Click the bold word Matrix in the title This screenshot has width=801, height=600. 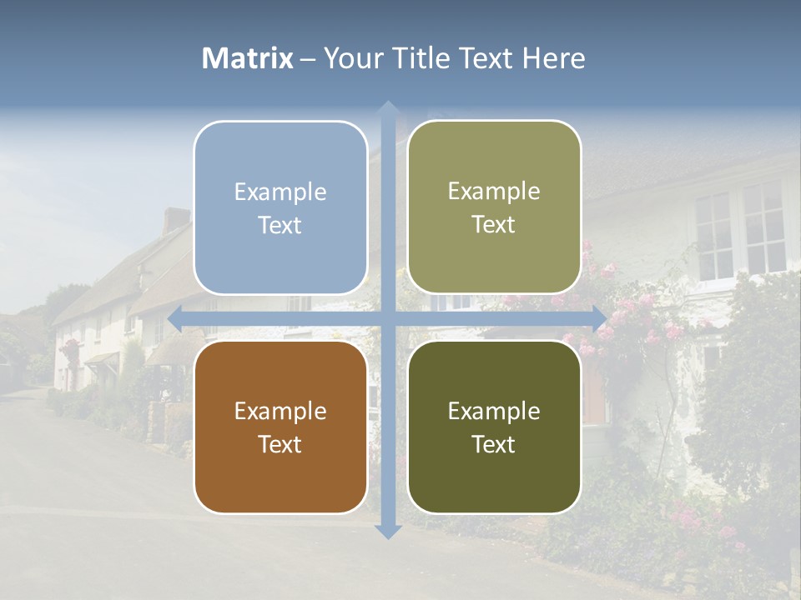(x=248, y=58)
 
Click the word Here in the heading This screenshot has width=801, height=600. (x=553, y=58)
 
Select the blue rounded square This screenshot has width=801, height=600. (x=280, y=207)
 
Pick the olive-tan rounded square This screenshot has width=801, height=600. (x=494, y=207)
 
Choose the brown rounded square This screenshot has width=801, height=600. (x=280, y=427)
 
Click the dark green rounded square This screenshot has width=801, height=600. (x=494, y=427)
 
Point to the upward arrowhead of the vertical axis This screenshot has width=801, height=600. (x=387, y=108)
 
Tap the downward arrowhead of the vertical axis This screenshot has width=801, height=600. (x=387, y=531)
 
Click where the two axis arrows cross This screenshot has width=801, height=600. (x=387, y=317)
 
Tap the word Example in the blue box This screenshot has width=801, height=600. (x=280, y=192)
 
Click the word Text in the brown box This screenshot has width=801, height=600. (x=280, y=444)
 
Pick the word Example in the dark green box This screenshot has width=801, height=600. (x=494, y=411)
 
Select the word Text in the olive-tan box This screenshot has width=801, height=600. (x=494, y=225)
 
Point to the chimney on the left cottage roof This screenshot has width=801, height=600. (x=176, y=220)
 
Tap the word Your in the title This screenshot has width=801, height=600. (x=350, y=58)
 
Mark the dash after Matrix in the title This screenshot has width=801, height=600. (x=308, y=59)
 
